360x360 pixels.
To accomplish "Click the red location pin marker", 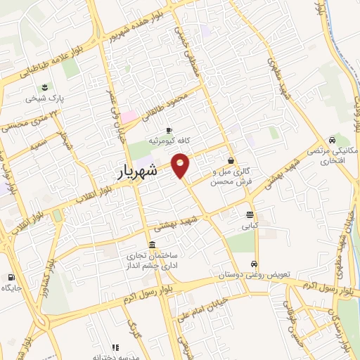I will pos(181,164).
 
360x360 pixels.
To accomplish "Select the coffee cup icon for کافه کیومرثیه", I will pos(169,131).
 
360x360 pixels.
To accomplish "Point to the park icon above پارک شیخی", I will pos(45,87).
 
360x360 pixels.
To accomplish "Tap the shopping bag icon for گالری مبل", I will pos(231,160).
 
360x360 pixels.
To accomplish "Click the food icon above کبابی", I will pos(250,215).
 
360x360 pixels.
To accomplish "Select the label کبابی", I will pos(250,226).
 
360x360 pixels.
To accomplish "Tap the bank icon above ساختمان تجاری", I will pos(153,244).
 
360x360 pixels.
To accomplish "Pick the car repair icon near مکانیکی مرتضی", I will pos(330,139).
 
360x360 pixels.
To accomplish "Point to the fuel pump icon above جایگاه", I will pos(11,277).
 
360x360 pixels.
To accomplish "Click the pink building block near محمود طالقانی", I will pos(128,116).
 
